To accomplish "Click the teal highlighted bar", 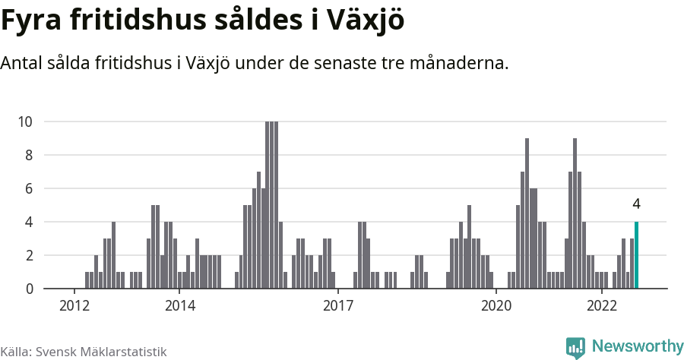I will (x=636, y=255).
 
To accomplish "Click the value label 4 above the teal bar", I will (x=636, y=204).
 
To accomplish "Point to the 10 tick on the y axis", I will (x=25, y=122).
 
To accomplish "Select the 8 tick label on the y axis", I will (x=29, y=155).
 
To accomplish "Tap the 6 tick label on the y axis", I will (x=29, y=188).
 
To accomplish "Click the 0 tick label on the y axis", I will (x=29, y=289).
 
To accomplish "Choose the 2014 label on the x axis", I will (x=179, y=306).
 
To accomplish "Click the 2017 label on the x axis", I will (x=337, y=306).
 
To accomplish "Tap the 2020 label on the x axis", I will (x=496, y=306).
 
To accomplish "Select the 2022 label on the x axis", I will (x=601, y=306).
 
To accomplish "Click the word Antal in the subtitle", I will (x=22, y=63).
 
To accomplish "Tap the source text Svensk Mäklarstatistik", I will (x=101, y=352).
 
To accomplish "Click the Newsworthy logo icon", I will (x=575, y=347).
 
